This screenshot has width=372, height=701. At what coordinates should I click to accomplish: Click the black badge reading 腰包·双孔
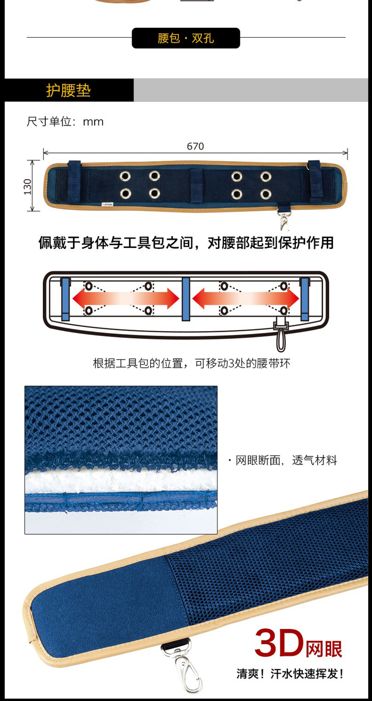coord(186,38)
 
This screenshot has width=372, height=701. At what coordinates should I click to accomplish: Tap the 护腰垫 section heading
coord(68,91)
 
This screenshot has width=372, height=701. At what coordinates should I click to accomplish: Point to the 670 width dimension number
coord(195,146)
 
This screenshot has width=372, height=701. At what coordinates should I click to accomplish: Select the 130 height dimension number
coord(28,187)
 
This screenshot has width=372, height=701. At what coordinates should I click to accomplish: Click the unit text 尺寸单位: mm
coord(65,122)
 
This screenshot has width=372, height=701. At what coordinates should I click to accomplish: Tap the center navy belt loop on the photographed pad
coord(197,184)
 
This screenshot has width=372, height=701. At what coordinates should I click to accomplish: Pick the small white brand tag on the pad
coord(108,204)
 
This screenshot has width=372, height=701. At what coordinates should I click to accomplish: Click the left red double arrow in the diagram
coord(126,298)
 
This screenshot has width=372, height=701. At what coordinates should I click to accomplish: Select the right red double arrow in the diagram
coord(246,298)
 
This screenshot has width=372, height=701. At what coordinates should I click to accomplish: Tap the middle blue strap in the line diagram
coord(186,299)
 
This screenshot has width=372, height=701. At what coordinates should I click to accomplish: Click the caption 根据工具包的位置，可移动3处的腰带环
coord(192,363)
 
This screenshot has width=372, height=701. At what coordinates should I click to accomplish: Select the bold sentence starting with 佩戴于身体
coord(186,243)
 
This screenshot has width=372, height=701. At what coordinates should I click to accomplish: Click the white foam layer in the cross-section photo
coord(121,481)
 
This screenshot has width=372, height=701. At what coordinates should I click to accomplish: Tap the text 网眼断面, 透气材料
coord(286,460)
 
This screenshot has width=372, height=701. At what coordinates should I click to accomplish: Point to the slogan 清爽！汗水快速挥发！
coord(290,674)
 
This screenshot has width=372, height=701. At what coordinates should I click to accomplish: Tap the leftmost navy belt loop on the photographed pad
coord(74,181)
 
